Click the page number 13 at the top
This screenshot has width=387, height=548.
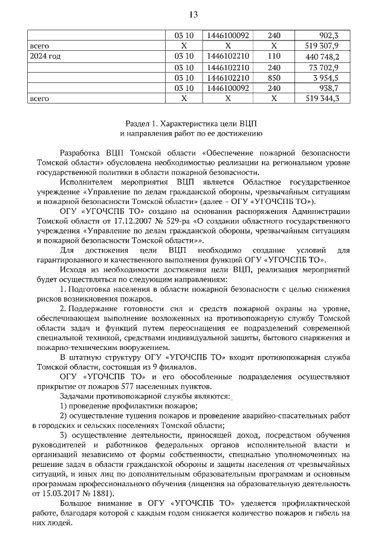(x=193, y=14)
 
